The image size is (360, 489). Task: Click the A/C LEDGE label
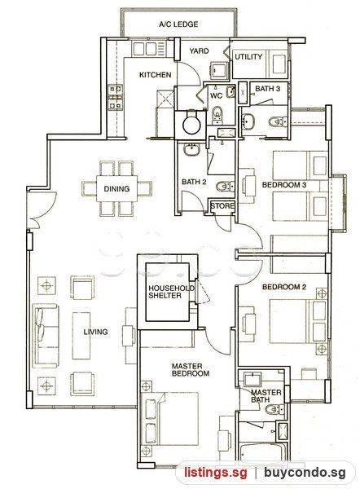178,24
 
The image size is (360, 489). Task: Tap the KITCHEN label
156,75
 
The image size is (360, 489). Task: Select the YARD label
200,51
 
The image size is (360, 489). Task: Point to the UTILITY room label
248,57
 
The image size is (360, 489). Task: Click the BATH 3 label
267,89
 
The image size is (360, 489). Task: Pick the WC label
217,95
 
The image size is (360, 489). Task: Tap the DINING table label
116,189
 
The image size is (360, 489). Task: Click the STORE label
222,206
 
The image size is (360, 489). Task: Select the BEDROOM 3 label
284,185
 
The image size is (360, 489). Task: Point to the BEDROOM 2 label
284,287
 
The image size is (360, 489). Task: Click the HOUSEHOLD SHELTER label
171,292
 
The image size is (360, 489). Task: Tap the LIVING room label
95,332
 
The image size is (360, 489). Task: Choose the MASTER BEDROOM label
190,370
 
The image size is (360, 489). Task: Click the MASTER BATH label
266,396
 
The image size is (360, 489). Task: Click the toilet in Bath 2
225,187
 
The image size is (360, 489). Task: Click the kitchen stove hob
115,98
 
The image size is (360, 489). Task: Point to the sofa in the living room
46,336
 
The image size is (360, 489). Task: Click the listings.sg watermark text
215,472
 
